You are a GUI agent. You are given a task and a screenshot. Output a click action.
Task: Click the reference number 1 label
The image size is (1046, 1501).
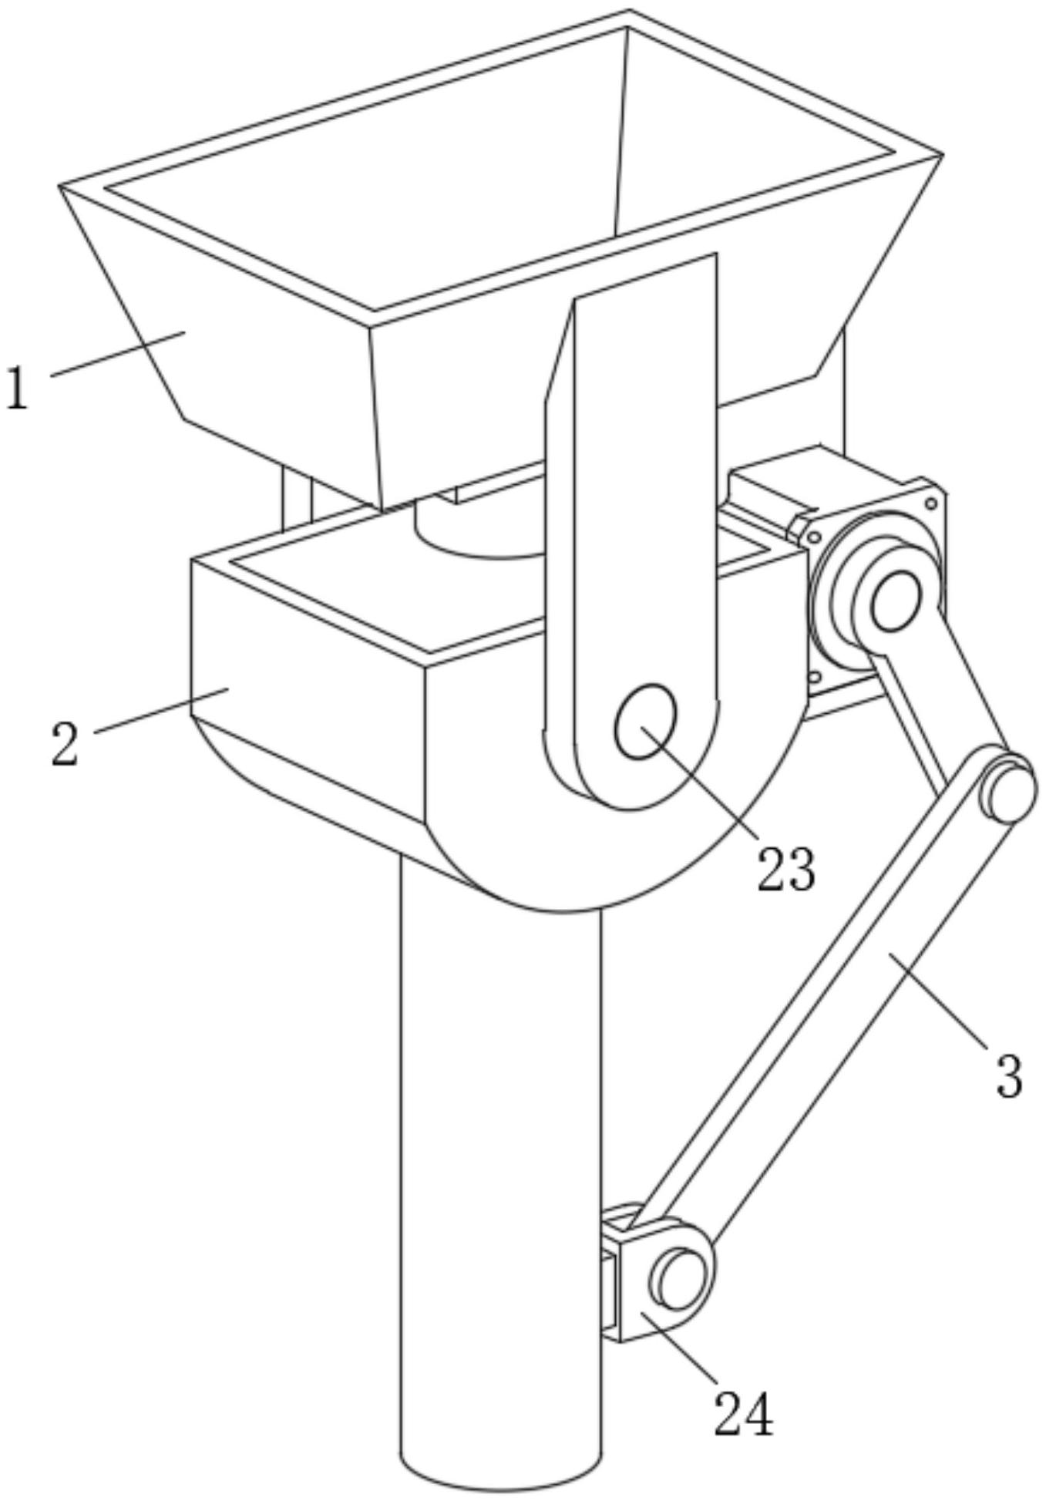tap(17, 389)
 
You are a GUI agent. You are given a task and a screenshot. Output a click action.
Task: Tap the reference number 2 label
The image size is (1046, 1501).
tap(66, 743)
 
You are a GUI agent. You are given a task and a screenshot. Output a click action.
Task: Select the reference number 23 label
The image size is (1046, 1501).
tap(785, 870)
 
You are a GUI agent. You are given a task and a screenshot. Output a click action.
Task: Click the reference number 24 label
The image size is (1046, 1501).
tap(743, 1413)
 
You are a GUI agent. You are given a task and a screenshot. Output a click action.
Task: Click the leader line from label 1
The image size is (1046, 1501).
tap(116, 355)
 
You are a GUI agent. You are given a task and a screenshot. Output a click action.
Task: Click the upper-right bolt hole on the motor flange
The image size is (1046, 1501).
tap(931, 503)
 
